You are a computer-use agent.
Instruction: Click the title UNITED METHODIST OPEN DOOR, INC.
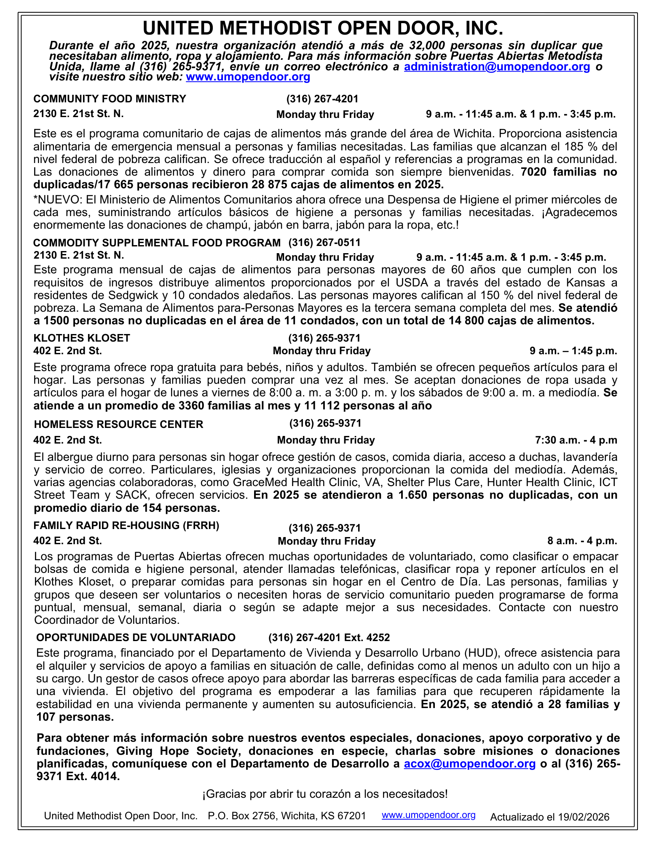click(x=323, y=28)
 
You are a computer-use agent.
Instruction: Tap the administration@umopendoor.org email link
click(x=497, y=67)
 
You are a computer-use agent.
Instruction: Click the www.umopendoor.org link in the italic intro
click(x=248, y=77)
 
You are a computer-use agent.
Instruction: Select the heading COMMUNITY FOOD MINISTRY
click(x=110, y=99)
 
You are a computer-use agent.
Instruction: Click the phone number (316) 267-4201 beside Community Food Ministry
click(x=322, y=99)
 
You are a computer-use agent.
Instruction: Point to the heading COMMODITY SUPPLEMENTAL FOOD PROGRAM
click(x=157, y=243)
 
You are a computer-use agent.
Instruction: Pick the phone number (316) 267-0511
click(x=324, y=243)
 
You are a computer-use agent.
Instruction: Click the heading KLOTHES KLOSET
click(x=82, y=338)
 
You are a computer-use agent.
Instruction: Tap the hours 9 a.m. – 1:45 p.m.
click(x=573, y=351)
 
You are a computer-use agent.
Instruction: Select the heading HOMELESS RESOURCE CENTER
click(x=118, y=424)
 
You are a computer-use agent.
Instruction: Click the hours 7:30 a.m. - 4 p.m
click(x=576, y=440)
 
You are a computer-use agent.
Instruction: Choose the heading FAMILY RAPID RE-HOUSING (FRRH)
click(x=126, y=526)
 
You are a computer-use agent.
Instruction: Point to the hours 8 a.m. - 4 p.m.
click(x=582, y=541)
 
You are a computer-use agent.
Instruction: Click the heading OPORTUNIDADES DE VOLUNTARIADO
click(x=136, y=637)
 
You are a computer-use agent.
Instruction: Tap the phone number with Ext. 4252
click(x=329, y=638)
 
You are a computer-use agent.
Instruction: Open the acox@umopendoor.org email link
click(x=470, y=764)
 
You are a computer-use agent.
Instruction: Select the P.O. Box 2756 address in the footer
click(x=287, y=816)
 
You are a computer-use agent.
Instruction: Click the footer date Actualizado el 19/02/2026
click(x=549, y=817)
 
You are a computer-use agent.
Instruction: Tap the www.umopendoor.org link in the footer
click(x=429, y=815)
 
